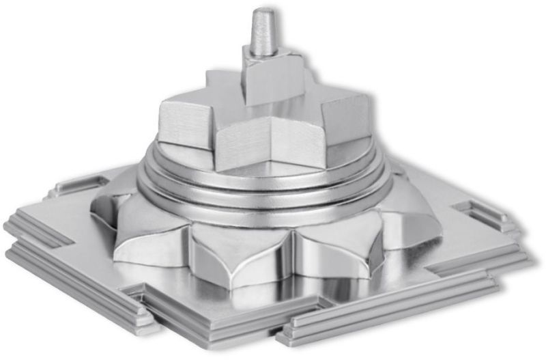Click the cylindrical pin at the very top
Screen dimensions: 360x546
pos(263,33)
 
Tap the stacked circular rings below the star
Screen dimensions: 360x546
pos(266,188)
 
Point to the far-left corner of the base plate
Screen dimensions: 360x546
pos(8,225)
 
